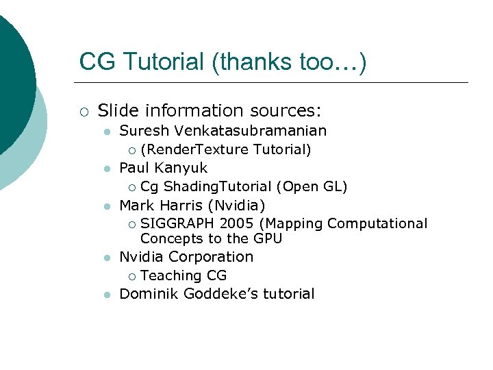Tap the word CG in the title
94,62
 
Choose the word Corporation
211,257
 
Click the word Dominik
148,294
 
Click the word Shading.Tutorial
218,186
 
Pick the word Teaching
170,275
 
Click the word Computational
377,223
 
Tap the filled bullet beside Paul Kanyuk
106,169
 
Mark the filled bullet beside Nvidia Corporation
106,258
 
